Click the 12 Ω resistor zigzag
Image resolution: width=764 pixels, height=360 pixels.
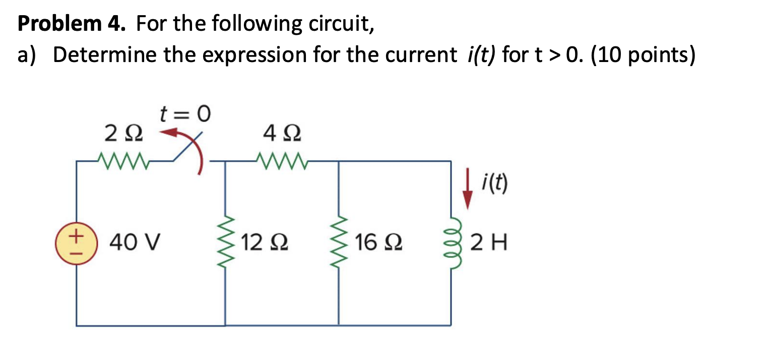coord(226,244)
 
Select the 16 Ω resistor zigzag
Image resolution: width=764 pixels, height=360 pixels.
coord(338,244)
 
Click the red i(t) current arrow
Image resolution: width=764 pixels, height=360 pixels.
coord(469,191)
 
